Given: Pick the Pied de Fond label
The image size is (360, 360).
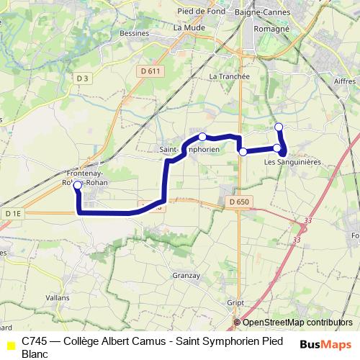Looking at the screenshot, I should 202,11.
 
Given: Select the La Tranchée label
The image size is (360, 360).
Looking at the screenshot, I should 229,76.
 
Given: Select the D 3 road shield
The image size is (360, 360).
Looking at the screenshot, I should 81,78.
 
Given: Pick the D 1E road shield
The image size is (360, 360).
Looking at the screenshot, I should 12,213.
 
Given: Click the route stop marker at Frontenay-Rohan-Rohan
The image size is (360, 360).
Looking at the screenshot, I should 77,184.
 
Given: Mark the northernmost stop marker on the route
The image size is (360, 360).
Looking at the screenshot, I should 279,127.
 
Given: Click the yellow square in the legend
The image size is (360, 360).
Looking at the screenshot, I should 11,346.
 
